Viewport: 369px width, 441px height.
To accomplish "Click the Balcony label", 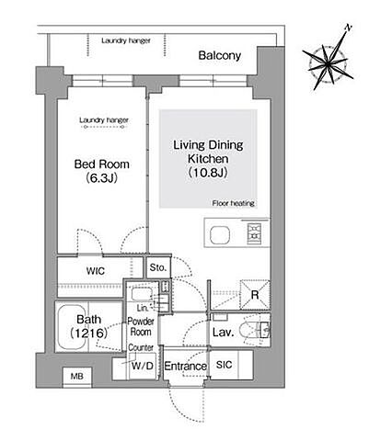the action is (x=220, y=55).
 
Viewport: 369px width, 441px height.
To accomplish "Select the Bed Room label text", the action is (x=102, y=164).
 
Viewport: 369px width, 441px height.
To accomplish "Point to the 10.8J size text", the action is (x=208, y=173).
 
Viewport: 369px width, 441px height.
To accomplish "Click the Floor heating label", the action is (x=234, y=203).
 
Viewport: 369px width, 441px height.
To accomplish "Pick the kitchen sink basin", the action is (x=220, y=235).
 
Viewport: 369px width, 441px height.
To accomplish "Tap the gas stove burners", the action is (x=255, y=232).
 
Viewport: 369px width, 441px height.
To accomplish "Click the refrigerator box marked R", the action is (x=255, y=295).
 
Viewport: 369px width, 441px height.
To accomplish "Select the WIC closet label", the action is (x=96, y=271).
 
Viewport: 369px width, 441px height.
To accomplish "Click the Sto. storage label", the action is (x=158, y=267).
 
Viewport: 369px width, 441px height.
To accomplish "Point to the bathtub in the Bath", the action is (x=72, y=327).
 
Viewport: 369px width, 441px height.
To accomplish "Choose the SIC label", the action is (x=224, y=365).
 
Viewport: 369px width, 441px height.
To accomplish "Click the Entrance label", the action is (x=185, y=366).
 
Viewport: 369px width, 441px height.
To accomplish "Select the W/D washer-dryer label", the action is (x=143, y=366).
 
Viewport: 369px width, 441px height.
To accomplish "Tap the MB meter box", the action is (x=77, y=377).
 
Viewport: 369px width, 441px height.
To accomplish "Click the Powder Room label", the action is (x=141, y=326).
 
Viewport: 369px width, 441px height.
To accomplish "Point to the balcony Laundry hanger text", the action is (x=126, y=40).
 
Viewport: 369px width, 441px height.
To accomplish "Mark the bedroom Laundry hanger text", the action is (x=104, y=120).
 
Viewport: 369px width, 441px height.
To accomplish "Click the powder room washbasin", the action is (x=142, y=295).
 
